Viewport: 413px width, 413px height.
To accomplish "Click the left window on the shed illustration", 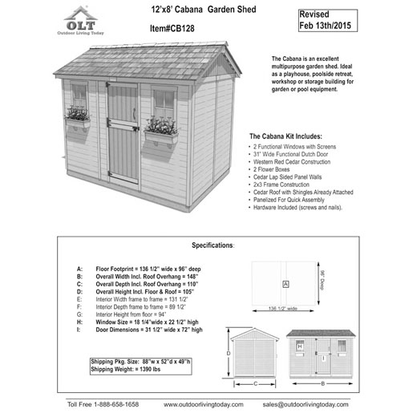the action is [x=79, y=96].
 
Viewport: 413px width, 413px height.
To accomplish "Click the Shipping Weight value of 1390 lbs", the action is [x=130, y=370].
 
